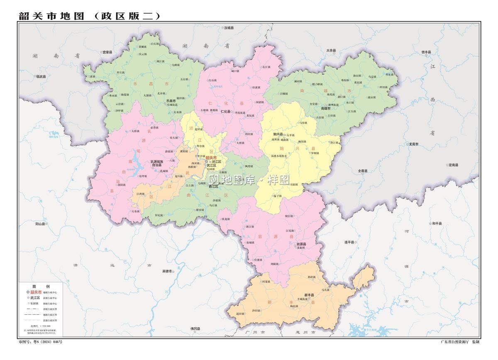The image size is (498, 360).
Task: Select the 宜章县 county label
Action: click(107, 52)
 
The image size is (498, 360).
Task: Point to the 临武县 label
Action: click(41, 76)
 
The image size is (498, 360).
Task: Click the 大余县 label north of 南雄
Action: click(331, 51)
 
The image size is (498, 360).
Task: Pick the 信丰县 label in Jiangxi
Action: click(426, 52)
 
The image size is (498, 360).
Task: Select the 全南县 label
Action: click(363, 170)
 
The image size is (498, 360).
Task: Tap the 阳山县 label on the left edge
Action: click(40, 224)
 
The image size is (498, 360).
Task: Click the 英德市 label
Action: click(167, 271)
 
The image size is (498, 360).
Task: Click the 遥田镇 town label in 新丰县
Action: click(241, 314)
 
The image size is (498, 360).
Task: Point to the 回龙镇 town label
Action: click(266, 282)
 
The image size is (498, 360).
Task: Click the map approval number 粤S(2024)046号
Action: click(40, 342)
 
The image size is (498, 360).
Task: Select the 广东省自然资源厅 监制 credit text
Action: click(460, 342)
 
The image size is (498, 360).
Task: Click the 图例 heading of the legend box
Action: click(41, 286)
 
